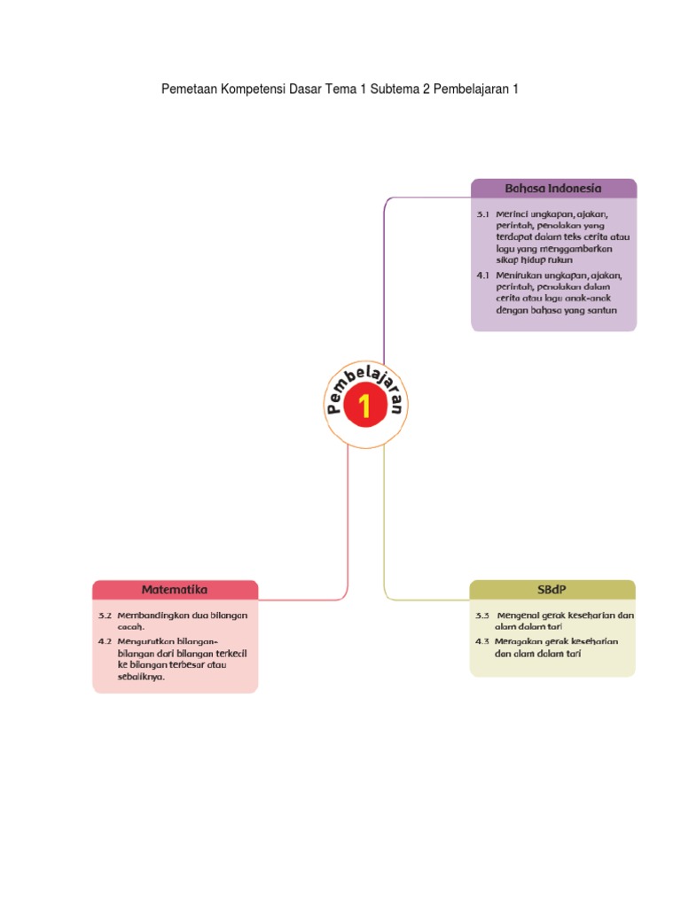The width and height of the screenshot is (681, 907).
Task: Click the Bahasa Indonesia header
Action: (x=553, y=188)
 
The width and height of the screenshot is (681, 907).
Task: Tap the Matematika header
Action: (x=175, y=589)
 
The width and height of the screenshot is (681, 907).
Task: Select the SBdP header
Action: (x=552, y=589)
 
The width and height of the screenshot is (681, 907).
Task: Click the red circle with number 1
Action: (x=365, y=407)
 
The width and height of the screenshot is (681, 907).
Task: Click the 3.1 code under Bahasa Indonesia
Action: (x=483, y=214)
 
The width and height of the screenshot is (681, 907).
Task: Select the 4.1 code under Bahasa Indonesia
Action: (x=483, y=275)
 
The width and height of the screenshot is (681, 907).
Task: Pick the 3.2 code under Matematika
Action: (x=106, y=615)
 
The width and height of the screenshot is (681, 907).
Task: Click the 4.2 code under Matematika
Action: (x=106, y=640)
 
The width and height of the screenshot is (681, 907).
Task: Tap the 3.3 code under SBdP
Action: (x=482, y=615)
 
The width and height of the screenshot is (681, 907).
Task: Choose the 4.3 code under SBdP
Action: (x=482, y=640)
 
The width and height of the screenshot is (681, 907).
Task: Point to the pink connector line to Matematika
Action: (x=348, y=531)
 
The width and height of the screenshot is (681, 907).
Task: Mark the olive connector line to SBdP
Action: (x=384, y=531)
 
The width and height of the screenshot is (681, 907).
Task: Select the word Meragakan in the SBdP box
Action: (x=519, y=640)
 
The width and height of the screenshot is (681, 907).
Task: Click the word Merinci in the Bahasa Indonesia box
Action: (x=510, y=214)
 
